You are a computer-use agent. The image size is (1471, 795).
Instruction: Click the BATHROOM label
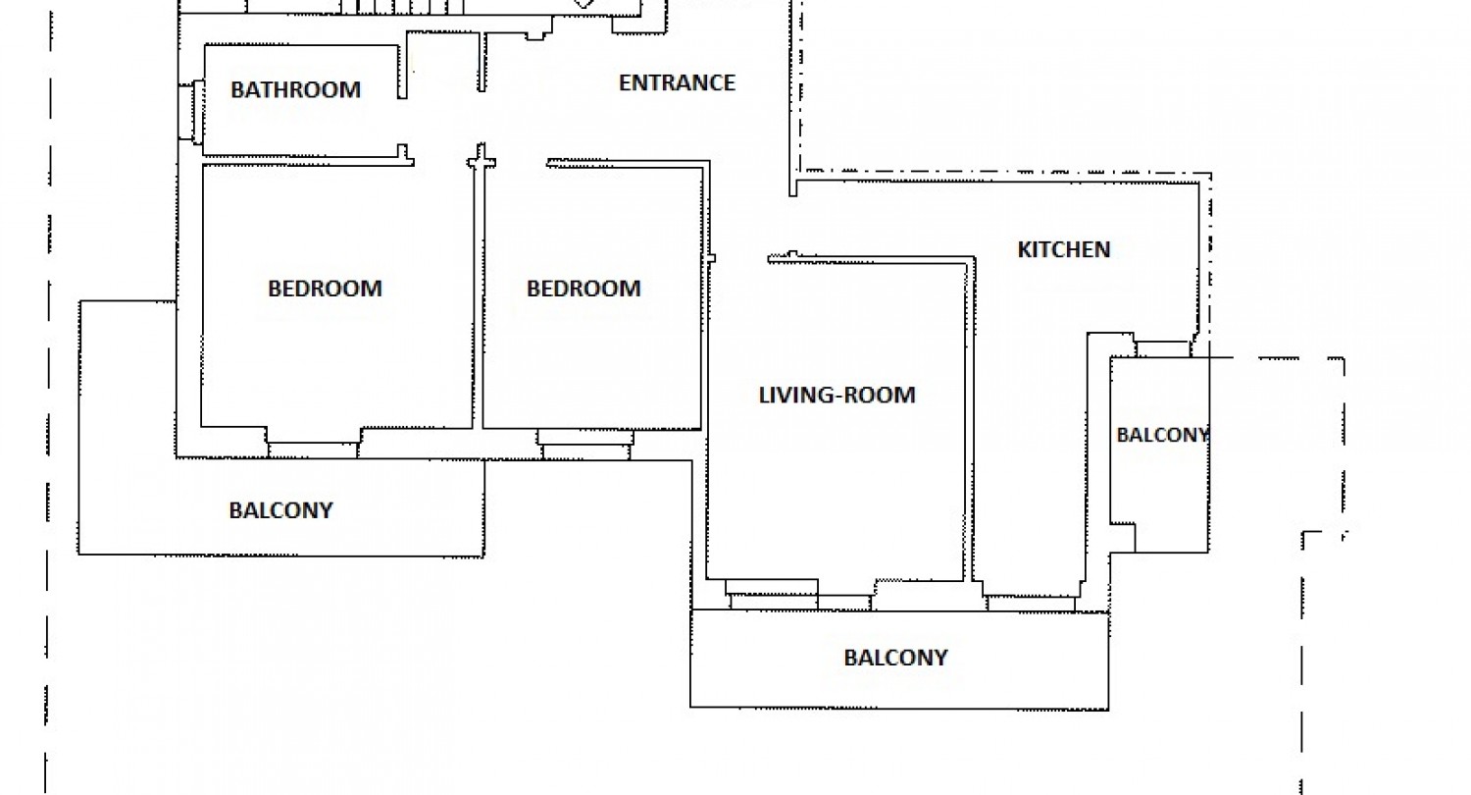(295, 89)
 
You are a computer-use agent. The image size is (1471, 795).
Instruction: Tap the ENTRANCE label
(677, 82)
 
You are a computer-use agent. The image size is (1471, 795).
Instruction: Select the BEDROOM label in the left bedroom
(325, 289)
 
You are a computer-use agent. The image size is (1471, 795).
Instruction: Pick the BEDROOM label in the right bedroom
(583, 289)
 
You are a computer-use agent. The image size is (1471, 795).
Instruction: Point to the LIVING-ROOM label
(837, 395)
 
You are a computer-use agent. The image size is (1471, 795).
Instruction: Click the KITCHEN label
(1064, 249)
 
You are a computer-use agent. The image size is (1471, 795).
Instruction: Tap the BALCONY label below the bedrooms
(281, 510)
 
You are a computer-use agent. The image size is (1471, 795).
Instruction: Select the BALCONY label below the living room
(895, 658)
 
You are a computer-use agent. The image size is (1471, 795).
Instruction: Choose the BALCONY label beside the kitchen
(1163, 435)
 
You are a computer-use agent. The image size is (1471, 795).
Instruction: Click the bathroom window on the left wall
(190, 112)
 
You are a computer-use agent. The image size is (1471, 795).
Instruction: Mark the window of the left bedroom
(313, 450)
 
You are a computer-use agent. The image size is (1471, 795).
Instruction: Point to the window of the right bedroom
(585, 445)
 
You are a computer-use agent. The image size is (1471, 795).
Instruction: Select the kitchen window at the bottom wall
(1031, 604)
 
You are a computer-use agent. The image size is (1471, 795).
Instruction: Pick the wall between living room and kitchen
(969, 420)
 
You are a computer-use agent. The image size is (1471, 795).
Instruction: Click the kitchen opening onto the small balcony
(1162, 348)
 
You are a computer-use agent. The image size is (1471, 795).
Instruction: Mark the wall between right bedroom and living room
(705, 295)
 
